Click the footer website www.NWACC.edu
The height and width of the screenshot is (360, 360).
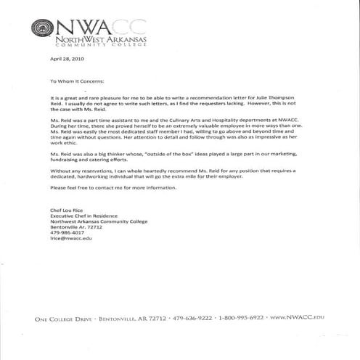point(296,318)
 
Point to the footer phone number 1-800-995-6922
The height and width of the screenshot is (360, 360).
point(241,318)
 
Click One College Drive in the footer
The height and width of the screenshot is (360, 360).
point(62,318)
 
